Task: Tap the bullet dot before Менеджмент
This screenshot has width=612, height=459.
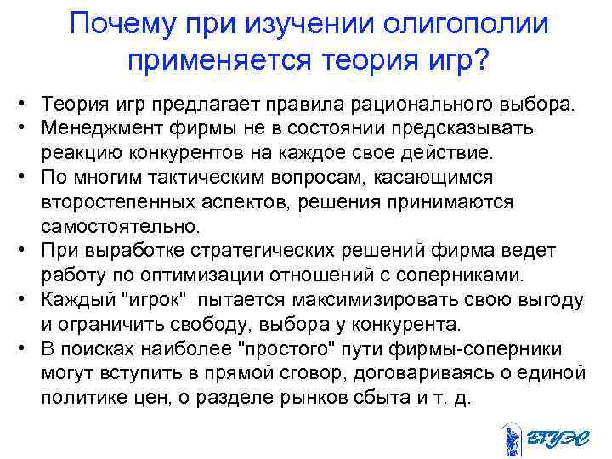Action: tap(17, 128)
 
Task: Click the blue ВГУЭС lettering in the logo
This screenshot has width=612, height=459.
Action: tap(553, 438)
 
